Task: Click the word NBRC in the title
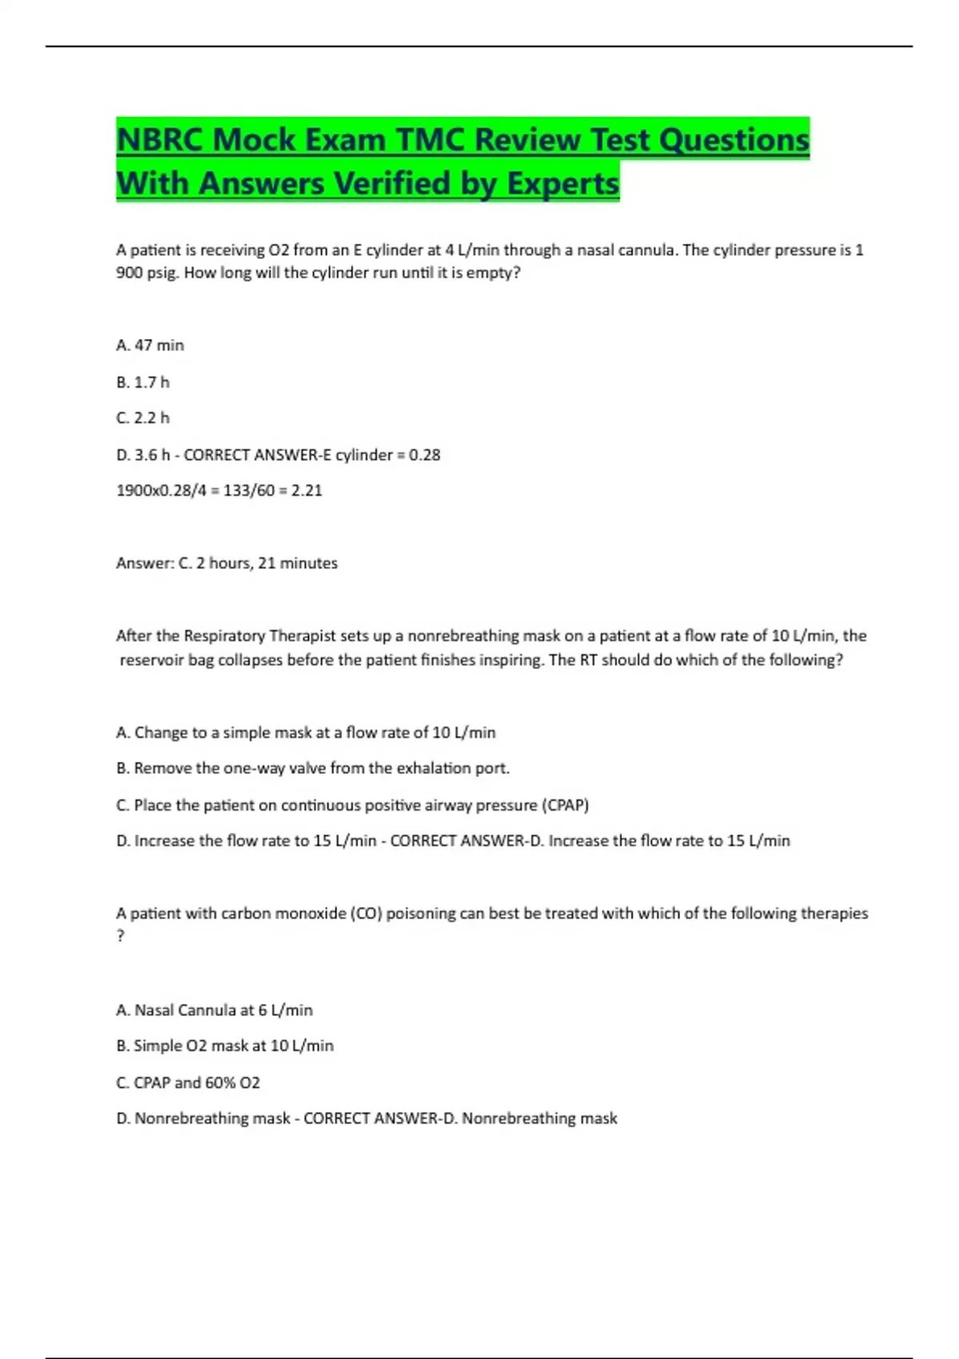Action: tap(159, 140)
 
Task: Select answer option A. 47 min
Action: tap(149, 345)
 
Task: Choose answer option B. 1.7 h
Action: tap(142, 382)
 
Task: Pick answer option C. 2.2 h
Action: tap(142, 418)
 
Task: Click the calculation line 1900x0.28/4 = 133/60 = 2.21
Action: tap(219, 491)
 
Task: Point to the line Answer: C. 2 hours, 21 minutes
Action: tap(226, 564)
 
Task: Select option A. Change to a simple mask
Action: tap(305, 732)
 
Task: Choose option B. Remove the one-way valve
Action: tap(312, 768)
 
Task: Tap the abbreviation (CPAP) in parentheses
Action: tap(565, 805)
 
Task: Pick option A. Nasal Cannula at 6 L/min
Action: tap(214, 1010)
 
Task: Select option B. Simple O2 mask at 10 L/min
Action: tap(225, 1046)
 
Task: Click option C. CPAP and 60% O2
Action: tap(188, 1082)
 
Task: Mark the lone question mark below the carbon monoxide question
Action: tap(121, 936)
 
